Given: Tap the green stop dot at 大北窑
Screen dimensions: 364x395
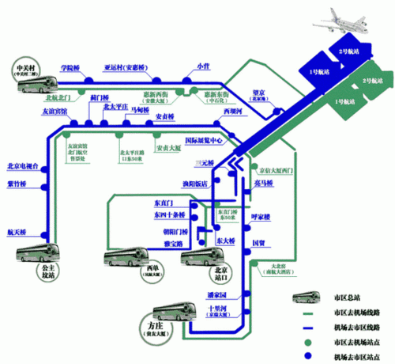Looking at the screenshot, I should pos(254,267).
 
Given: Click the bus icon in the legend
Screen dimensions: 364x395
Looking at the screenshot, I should pos(307,298).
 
